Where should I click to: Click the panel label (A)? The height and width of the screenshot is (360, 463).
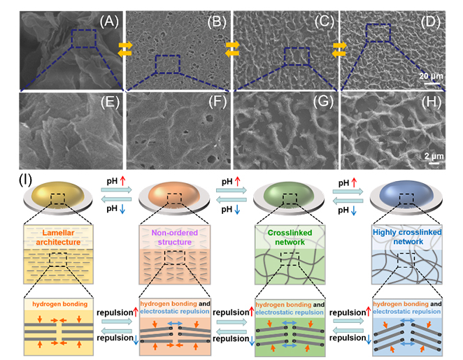(x=105, y=22)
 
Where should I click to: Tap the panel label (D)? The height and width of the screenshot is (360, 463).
(x=428, y=22)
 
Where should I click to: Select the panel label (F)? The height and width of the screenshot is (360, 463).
(x=213, y=108)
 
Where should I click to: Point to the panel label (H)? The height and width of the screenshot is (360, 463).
(x=428, y=108)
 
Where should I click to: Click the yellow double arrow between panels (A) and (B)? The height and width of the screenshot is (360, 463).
(x=124, y=48)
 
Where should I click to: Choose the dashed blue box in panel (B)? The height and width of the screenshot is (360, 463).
(x=168, y=64)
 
